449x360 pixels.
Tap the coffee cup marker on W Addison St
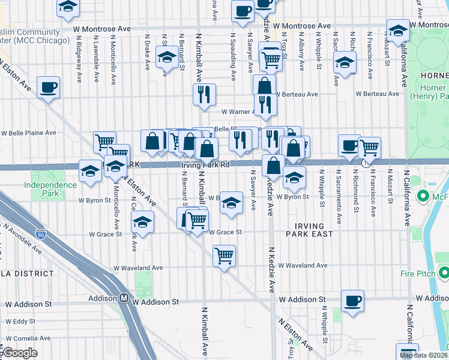[352, 301]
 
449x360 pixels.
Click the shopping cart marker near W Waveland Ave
[224, 256]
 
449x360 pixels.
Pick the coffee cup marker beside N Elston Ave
[48, 88]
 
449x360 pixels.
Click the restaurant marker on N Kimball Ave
[204, 94]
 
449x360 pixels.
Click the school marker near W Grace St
[143, 223]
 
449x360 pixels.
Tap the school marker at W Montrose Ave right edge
[398, 29]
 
